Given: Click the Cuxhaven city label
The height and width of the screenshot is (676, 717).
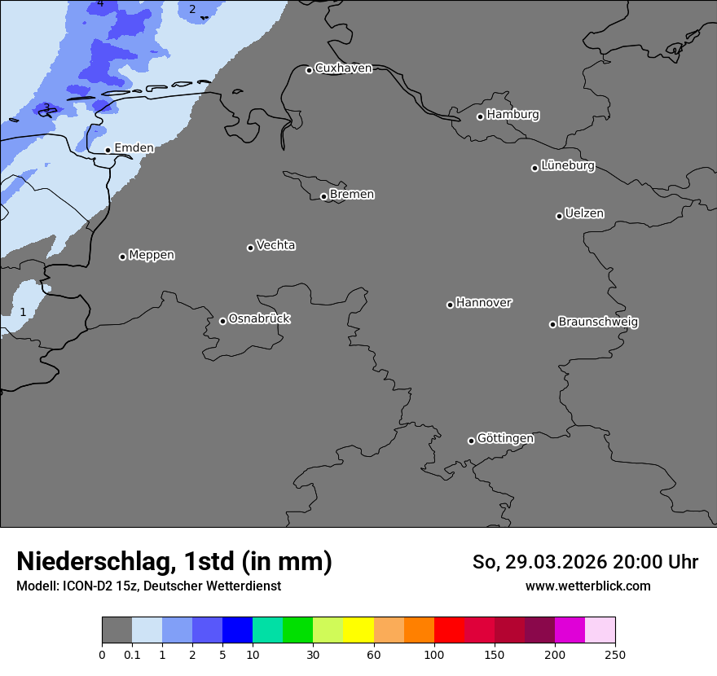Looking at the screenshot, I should (343, 68).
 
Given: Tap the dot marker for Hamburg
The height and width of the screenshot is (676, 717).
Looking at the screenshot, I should (480, 116).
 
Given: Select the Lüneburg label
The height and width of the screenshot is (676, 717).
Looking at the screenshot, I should (567, 166).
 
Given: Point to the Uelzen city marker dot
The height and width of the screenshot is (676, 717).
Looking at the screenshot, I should (559, 216).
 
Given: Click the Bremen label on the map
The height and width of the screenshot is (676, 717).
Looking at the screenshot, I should (352, 195).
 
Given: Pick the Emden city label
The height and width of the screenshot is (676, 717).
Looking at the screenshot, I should (134, 148).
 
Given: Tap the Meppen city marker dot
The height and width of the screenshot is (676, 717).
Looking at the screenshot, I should (122, 257).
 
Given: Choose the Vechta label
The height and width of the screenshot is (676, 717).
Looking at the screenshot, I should (275, 246).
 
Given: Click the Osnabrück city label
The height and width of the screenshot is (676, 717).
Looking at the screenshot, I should (259, 319).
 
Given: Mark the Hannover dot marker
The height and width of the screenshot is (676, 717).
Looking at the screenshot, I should (450, 305).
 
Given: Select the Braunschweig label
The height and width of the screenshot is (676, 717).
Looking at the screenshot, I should (598, 323).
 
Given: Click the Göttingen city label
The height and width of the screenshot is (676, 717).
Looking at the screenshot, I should (505, 439).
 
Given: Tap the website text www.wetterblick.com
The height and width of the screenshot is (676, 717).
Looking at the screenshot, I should (587, 586).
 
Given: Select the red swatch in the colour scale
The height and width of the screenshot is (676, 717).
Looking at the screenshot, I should (449, 630).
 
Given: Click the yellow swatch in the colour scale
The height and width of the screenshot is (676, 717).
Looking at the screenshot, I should (358, 630).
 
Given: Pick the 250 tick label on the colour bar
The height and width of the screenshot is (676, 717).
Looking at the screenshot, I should (615, 654).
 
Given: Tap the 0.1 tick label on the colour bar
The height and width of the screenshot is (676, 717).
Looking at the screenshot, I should (132, 654).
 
